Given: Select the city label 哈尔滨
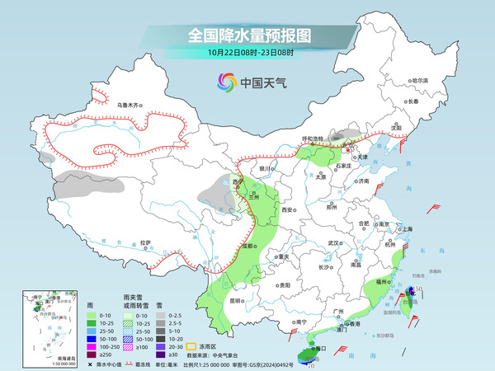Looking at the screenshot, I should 421,80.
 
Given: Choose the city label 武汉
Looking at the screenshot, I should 333,243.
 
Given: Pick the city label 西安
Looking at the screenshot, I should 288,210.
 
